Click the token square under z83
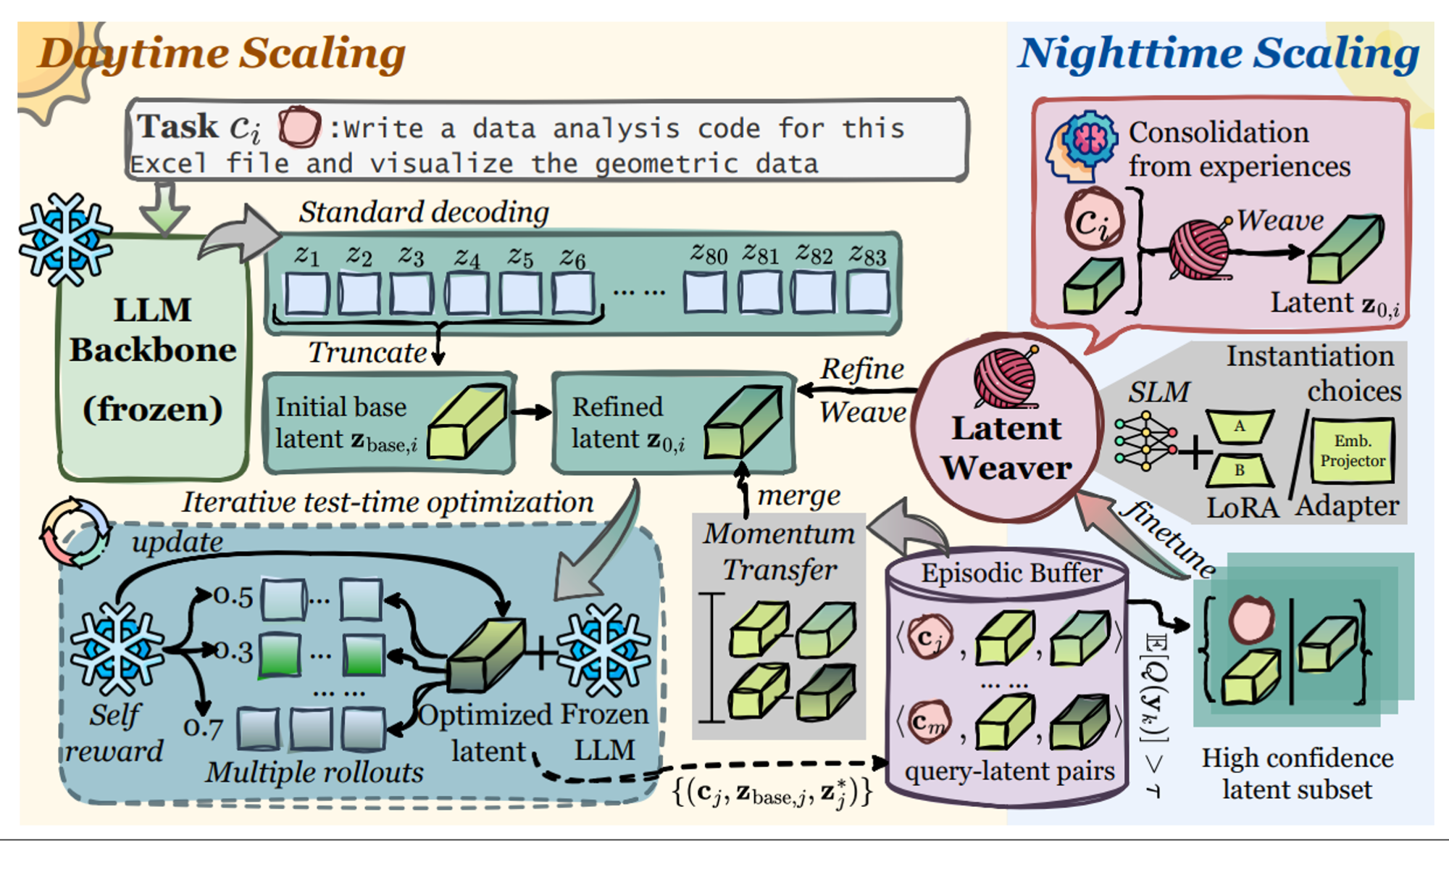pos(868,293)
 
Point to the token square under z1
pos(307,294)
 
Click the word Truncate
pos(367,353)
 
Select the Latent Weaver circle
pos(1006,428)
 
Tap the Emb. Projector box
pos(1352,451)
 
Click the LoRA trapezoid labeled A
pos(1240,426)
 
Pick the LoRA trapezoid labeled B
pos(1240,470)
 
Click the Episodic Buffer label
pos(1011,573)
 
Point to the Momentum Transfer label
pos(779,552)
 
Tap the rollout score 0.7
pos(203,726)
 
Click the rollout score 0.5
pos(233,597)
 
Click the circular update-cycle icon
pos(75,532)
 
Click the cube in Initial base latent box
pos(467,423)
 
